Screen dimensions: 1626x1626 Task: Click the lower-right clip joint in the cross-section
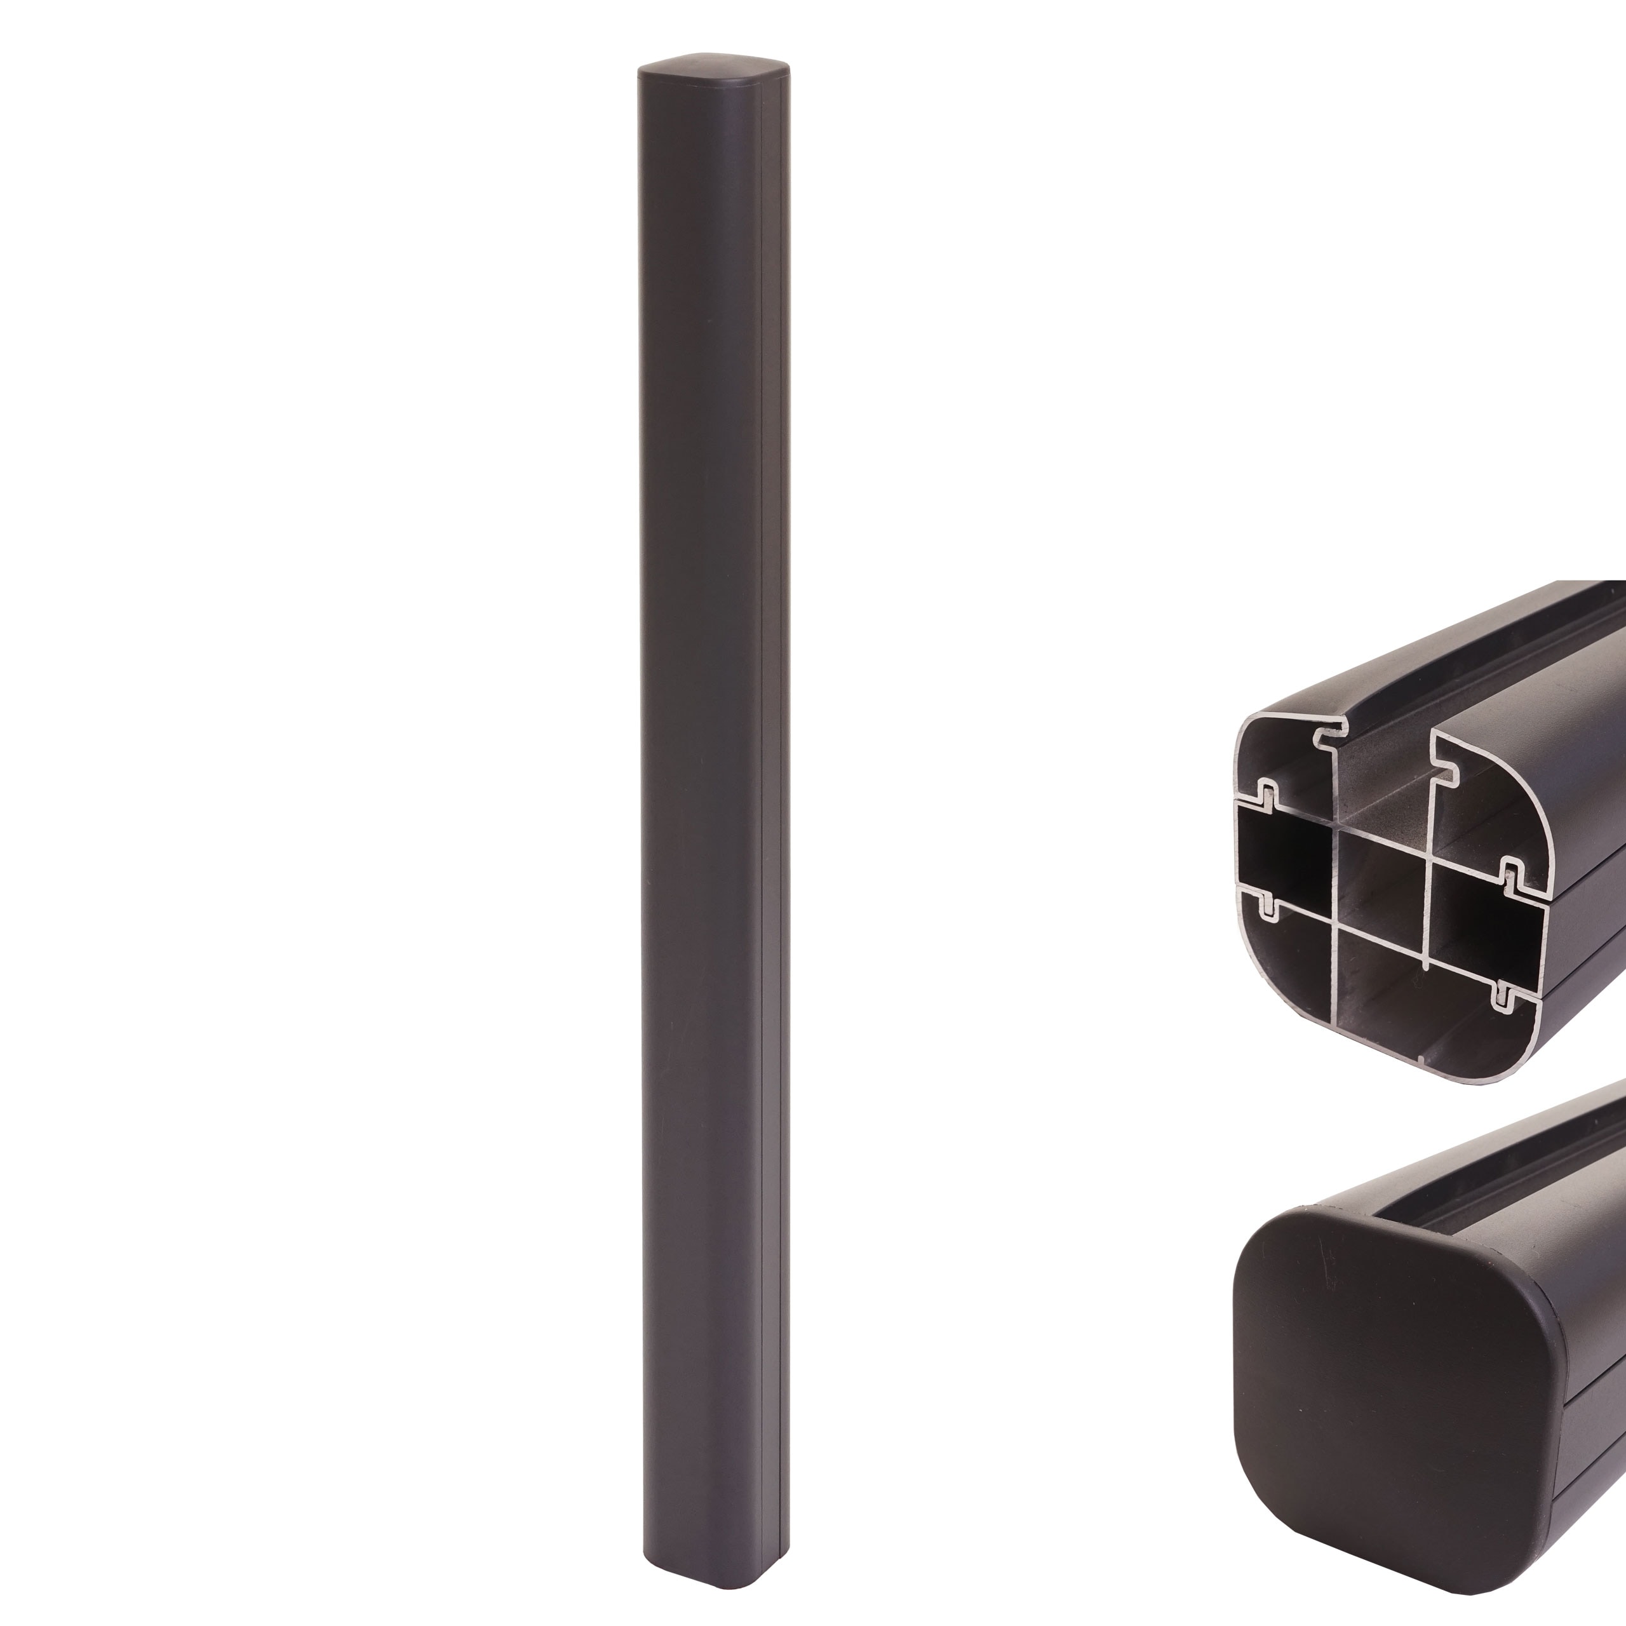pos(1502,997)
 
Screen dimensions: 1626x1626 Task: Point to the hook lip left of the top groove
pos(1326,736)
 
